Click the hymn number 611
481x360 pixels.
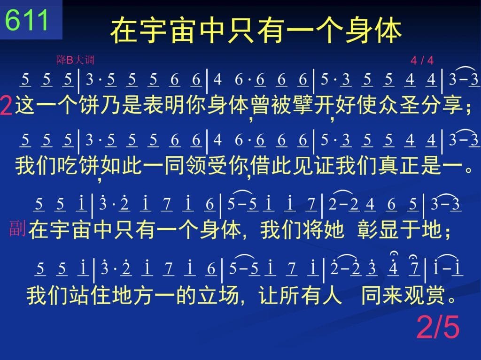click(27, 20)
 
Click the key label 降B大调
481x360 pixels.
click(75, 60)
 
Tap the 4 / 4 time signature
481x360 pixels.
click(422, 61)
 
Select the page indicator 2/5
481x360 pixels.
click(438, 327)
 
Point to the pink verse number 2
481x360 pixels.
click(6, 105)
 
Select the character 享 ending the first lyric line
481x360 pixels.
click(452, 105)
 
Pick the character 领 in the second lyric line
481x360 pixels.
click(196, 165)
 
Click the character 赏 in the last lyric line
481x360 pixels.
click(434, 295)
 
